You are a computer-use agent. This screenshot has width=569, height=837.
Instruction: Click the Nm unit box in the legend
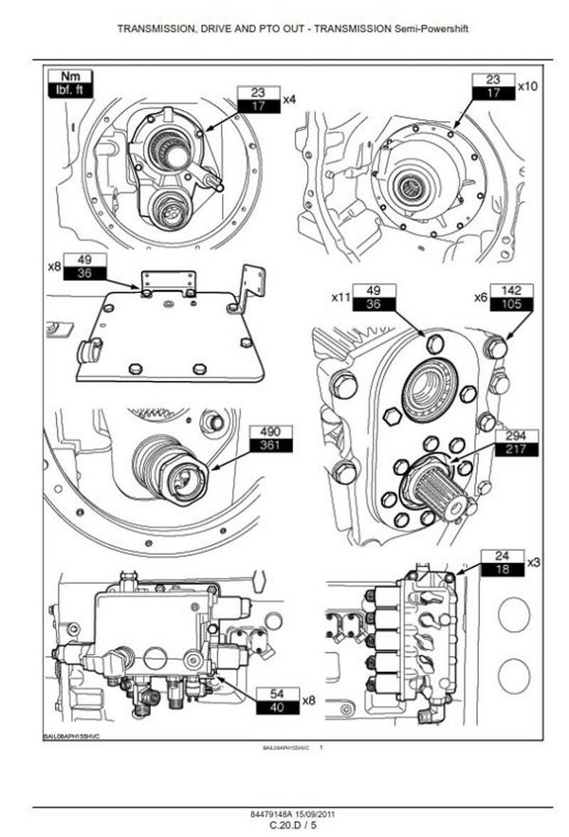70,77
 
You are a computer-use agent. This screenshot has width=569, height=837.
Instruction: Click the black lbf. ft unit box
70,91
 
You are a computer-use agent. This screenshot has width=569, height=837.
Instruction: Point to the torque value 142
513,290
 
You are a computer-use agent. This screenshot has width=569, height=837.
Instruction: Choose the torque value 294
516,436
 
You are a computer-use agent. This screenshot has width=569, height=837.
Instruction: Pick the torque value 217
516,450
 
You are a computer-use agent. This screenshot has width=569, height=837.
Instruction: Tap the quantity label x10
526,86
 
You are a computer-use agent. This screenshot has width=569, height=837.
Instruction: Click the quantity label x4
289,99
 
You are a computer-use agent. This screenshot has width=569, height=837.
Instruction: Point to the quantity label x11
342,297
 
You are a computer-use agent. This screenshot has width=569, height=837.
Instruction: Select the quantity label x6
481,297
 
